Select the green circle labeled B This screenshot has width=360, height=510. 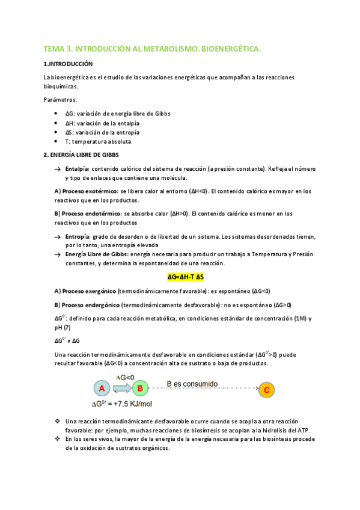click(x=140, y=389)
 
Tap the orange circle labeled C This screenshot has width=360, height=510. click(x=267, y=390)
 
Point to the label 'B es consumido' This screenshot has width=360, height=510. click(x=192, y=383)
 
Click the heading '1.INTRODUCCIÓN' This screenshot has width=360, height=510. click(x=69, y=63)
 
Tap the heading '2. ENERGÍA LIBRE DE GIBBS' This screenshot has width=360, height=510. click(x=82, y=155)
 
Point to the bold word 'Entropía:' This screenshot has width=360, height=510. click(x=78, y=236)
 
